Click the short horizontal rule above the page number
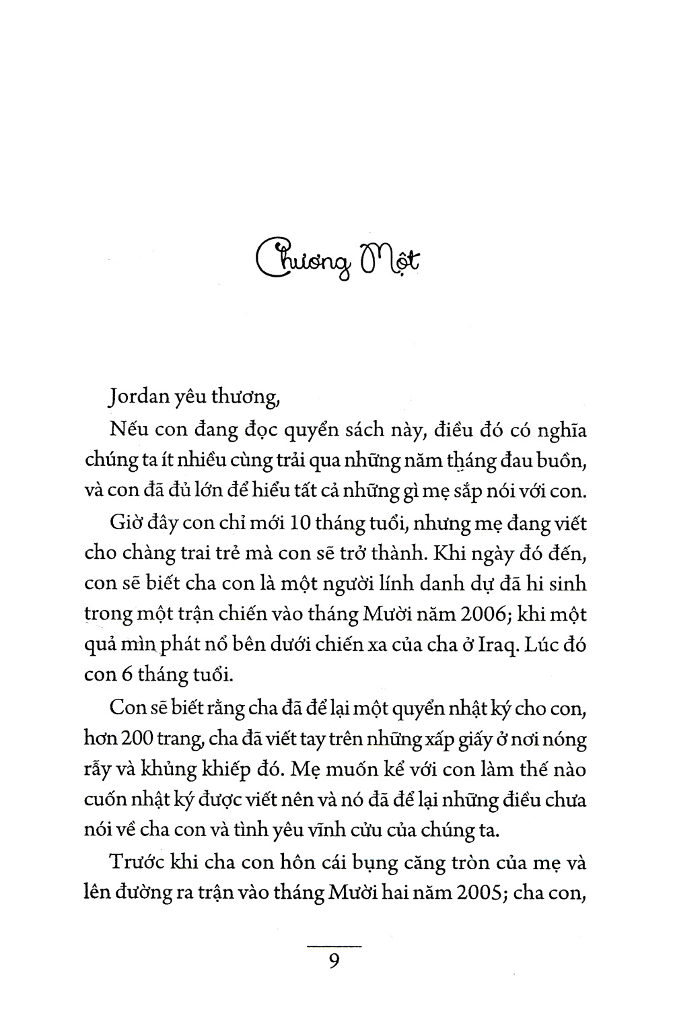click(334, 947)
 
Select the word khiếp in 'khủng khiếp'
click(201, 769)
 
